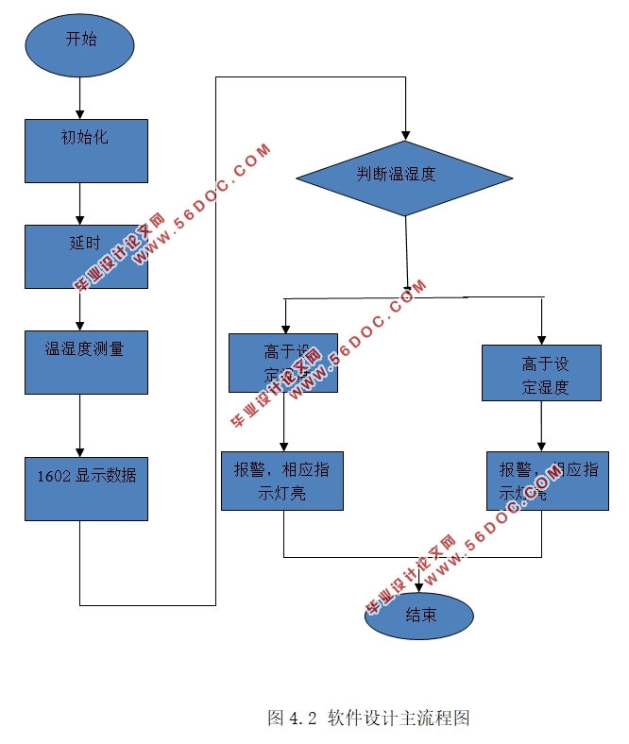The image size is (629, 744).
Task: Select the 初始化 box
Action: pyautogui.click(x=86, y=150)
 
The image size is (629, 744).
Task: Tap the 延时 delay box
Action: pyautogui.click(x=86, y=256)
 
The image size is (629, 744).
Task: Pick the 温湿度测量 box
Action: pyautogui.click(x=86, y=362)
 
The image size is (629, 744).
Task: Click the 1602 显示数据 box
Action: pyautogui.click(x=86, y=488)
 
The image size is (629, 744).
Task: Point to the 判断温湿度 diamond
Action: pyautogui.click(x=404, y=178)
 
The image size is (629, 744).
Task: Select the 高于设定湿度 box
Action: pyautogui.click(x=541, y=373)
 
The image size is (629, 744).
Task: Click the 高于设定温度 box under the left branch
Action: pyautogui.click(x=282, y=363)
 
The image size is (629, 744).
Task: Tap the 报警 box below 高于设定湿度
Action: pyautogui.click(x=547, y=482)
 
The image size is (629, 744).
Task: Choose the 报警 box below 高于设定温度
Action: pyautogui.click(x=281, y=482)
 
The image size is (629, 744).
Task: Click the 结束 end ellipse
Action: pyautogui.click(x=419, y=617)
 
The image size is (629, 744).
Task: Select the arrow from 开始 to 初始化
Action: pyautogui.click(x=79, y=98)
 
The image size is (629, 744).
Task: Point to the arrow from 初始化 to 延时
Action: pyautogui.click(x=79, y=203)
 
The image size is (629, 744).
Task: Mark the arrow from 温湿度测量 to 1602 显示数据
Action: pyautogui.click(x=79, y=425)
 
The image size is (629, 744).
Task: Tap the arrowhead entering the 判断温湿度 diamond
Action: pyautogui.click(x=405, y=133)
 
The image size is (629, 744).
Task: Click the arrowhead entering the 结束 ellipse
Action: pyautogui.click(x=418, y=586)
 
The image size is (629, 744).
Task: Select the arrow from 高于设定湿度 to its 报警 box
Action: pyautogui.click(x=541, y=427)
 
